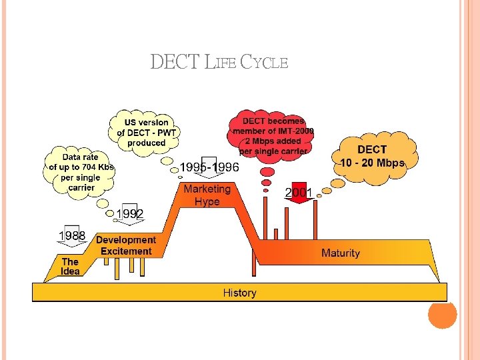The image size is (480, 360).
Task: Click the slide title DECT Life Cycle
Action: (x=219, y=63)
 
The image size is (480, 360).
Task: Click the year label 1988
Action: (x=71, y=236)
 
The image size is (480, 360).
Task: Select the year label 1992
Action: (x=129, y=213)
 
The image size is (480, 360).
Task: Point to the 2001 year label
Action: (x=299, y=193)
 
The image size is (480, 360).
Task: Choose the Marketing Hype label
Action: (x=207, y=195)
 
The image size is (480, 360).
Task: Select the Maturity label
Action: (x=340, y=253)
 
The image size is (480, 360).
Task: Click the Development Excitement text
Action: (x=126, y=245)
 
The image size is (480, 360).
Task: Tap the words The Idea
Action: (x=70, y=267)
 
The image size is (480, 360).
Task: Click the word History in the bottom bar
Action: (x=239, y=293)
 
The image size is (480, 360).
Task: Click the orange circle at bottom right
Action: (x=442, y=314)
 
